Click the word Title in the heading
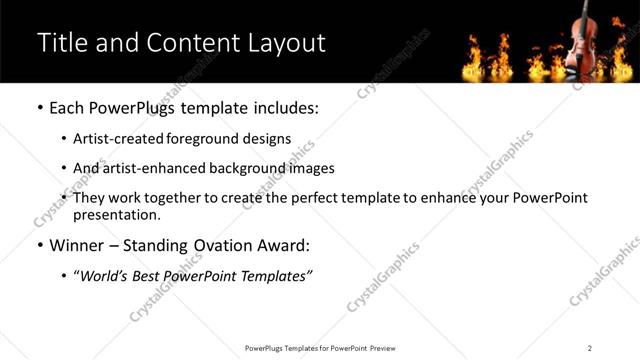coord(61,43)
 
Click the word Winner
coord(79,245)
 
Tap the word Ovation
coord(214,245)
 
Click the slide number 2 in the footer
coord(590,347)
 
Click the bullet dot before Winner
coord(39,245)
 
